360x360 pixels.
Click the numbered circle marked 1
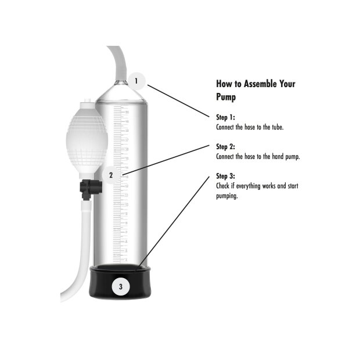pos(136,81)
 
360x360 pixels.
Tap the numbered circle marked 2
pos(111,174)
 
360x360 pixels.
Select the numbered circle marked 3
pos(120,286)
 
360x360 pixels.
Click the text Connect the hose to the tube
pos(250,127)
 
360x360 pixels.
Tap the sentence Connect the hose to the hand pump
pos(258,156)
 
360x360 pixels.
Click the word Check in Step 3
pos(223,186)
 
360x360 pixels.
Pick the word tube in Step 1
pos(278,127)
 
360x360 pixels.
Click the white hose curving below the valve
pos(79,261)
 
